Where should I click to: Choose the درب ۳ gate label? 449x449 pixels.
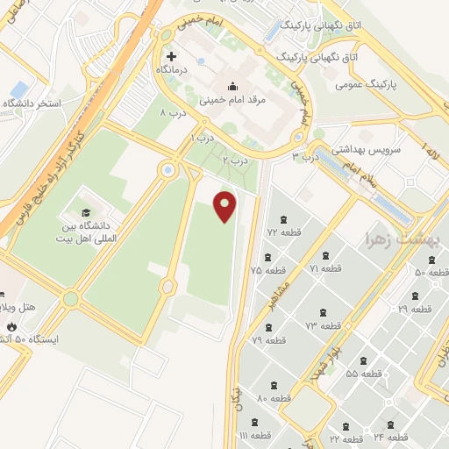[x=307, y=156]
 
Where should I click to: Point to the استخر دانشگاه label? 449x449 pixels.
[x=34, y=103]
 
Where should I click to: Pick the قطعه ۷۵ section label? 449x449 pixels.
[x=268, y=270]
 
